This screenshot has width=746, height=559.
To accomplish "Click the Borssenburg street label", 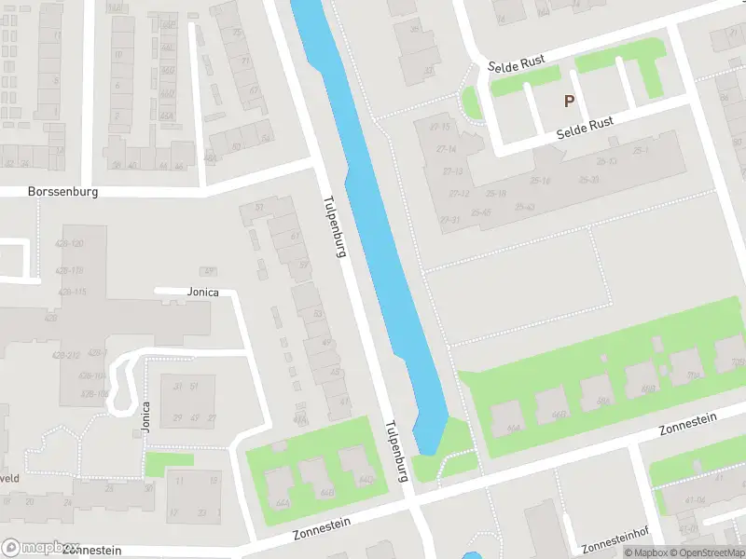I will point(63,191).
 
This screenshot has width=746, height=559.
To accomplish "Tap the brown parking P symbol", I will point(569,101).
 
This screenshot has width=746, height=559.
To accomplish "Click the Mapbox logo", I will point(41,548).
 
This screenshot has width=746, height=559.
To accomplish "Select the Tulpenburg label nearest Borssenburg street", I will point(335,226).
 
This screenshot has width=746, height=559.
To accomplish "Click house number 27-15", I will point(440,127).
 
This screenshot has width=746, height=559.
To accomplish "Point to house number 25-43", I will point(524,207).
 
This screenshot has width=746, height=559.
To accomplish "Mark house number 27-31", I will point(450,220).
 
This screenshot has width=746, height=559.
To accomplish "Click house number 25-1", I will point(640,149).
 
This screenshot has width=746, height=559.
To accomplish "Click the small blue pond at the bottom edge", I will point(472,556).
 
